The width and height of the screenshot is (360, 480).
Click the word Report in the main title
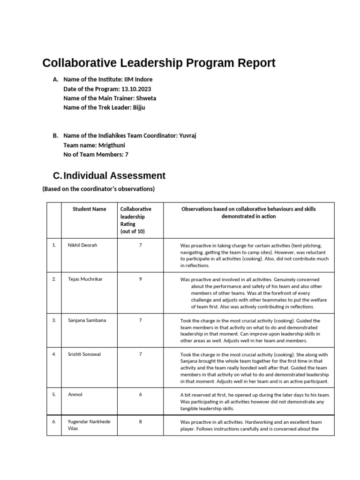[253, 63]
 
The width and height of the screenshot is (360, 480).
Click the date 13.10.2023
[136, 89]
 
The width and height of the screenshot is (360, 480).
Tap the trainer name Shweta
[146, 98]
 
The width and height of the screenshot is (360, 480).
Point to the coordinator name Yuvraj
[187, 135]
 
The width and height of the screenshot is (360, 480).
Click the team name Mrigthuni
[112, 145]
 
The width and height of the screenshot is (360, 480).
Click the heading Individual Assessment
[114, 176]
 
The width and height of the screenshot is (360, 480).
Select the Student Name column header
[89, 209]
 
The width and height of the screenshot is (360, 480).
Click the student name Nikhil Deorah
[82, 245]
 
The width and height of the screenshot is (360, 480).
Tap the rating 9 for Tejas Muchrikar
[140, 279]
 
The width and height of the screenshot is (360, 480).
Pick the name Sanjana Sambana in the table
[87, 320]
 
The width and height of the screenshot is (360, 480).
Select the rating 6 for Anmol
[140, 395]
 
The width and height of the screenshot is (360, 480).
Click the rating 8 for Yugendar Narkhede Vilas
[140, 422]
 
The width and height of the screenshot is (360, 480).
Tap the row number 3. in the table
[54, 320]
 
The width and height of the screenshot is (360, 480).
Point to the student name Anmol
[75, 395]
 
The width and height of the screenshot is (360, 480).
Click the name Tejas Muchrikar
[85, 279]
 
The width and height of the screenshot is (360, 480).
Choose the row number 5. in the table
[54, 395]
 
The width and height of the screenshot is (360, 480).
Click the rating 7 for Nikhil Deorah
[140, 245]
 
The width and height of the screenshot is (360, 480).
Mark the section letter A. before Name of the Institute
[56, 79]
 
